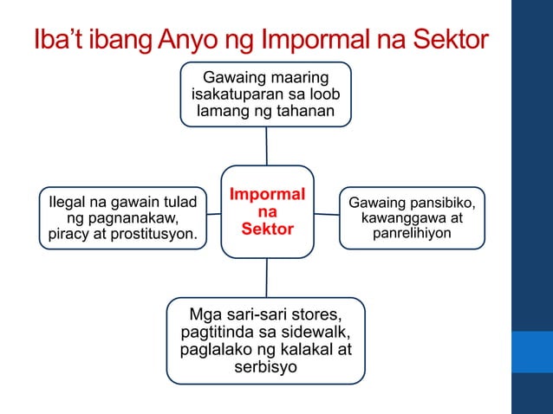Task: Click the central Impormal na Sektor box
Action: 267,210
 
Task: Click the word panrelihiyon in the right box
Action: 413,234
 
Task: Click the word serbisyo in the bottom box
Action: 266,367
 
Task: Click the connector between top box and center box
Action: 267,145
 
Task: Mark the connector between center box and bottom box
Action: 267,277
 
